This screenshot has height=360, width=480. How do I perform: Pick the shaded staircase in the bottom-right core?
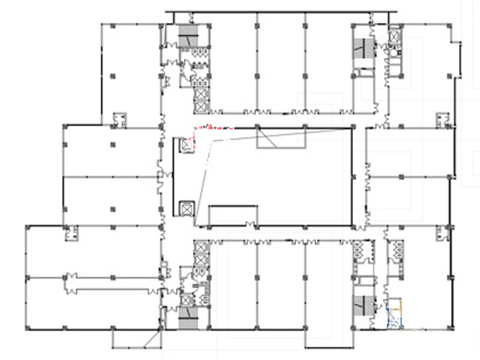[362, 305]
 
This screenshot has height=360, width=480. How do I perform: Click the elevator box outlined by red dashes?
[187, 145]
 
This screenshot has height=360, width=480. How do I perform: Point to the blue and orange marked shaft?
[394, 317]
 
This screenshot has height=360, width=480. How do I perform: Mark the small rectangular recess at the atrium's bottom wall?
[233, 215]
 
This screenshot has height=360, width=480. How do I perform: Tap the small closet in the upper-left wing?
[119, 119]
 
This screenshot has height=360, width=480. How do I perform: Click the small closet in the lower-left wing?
[73, 232]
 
